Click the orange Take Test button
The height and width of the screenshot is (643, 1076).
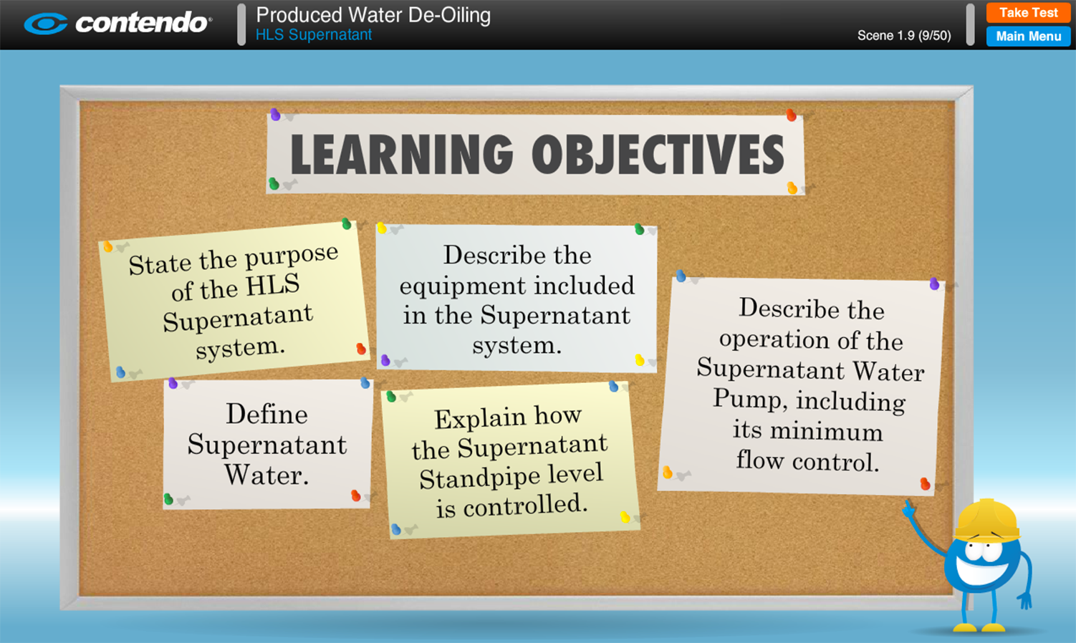coord(1028,12)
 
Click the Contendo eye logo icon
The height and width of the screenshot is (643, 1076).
coord(46,24)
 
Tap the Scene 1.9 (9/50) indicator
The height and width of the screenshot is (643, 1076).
coord(904,36)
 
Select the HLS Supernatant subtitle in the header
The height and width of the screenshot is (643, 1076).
coord(314,34)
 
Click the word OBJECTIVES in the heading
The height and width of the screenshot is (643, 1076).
coord(658,154)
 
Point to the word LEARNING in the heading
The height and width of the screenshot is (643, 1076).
coord(402,154)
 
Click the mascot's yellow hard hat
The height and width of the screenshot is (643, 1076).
coord(987,521)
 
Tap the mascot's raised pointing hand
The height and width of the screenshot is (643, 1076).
coord(908,509)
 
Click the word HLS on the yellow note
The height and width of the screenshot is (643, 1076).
coord(272,285)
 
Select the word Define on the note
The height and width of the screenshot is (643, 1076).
coord(266,414)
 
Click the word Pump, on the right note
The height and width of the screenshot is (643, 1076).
coord(750,399)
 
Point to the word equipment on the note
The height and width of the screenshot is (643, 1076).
coord(463,286)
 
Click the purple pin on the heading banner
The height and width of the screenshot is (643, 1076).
coord(275,115)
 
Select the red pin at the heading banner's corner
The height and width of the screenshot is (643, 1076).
coord(791,115)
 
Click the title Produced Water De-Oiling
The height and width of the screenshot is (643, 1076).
coord(373,15)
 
